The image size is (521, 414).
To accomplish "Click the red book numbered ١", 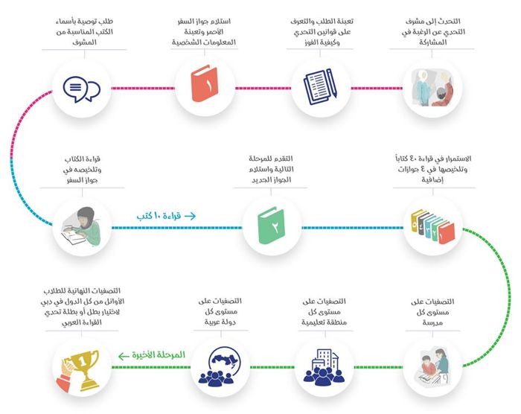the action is [x=204, y=83].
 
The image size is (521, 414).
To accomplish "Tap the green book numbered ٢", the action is [x=272, y=226].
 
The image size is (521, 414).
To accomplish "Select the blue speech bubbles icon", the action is [x=81, y=89].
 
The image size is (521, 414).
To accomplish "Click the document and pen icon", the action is [x=320, y=87].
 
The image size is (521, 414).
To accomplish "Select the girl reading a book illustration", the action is [x=82, y=226].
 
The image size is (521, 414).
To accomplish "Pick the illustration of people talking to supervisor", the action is [x=432, y=88].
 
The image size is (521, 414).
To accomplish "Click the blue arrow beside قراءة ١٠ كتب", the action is [x=190, y=216].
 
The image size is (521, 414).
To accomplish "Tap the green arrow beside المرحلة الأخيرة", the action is [x=124, y=356].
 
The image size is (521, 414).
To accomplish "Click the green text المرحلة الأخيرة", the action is [x=158, y=355].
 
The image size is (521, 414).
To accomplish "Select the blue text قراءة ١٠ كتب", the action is [x=159, y=216].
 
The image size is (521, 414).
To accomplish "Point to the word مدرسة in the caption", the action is [x=432, y=322].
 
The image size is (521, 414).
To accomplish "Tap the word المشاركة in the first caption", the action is [x=432, y=42].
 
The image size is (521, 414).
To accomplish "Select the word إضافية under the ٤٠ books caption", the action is [x=432, y=179].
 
